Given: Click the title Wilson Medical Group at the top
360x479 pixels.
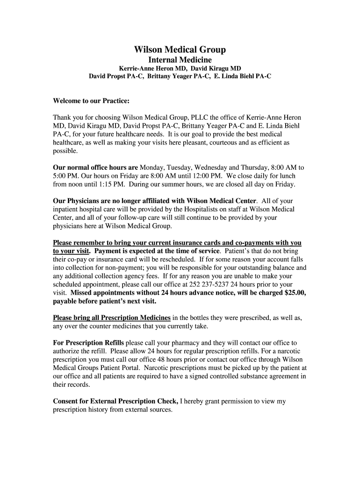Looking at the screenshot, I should (x=180, y=50).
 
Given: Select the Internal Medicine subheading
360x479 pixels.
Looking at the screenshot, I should (x=180, y=60).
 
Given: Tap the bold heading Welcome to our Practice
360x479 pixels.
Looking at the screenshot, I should (x=91, y=101).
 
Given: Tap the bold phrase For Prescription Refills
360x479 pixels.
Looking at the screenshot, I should (x=88, y=343).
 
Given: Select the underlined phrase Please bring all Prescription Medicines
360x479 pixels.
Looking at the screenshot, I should (x=112, y=318).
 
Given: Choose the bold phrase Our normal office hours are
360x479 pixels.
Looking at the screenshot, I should (x=95, y=167).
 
